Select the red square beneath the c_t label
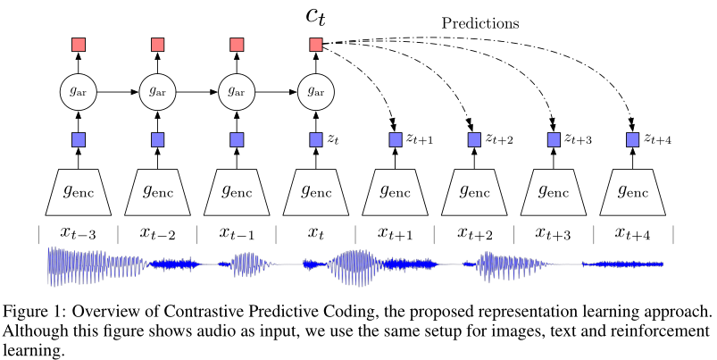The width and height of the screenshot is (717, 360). (x=315, y=44)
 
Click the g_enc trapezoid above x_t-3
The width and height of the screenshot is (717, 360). (x=78, y=190)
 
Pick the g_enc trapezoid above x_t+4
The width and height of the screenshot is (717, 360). (x=632, y=190)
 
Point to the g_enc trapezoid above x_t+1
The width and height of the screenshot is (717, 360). (x=395, y=190)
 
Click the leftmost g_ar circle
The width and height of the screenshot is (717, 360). (x=78, y=90)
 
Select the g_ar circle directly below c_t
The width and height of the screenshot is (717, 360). (x=315, y=90)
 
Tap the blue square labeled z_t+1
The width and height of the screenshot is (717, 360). (x=395, y=139)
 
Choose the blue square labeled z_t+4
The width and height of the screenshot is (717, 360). (x=632, y=139)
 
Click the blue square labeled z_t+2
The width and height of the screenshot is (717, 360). (x=474, y=139)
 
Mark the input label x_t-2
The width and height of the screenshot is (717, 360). (x=157, y=233)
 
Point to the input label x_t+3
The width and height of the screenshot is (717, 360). (x=554, y=233)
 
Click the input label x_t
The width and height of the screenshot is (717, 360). (x=315, y=233)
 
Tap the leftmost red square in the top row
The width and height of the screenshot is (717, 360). (x=78, y=44)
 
